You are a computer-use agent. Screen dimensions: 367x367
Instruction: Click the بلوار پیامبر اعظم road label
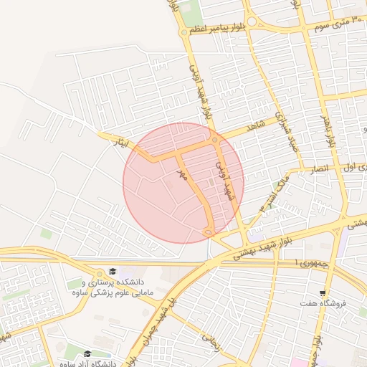pyautogui.click(x=216, y=28)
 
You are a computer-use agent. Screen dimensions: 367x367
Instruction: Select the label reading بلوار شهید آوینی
pyautogui.click(x=201, y=92)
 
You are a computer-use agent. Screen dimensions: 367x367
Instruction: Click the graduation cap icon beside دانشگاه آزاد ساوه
pyautogui.click(x=87, y=353)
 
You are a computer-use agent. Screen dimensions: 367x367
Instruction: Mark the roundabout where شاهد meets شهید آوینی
pyautogui.click(x=215, y=140)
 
